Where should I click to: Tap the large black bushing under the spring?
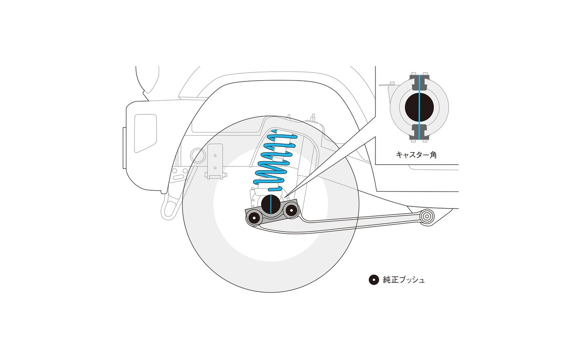271,204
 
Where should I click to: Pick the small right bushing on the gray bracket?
291,210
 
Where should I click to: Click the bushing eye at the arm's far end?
427,217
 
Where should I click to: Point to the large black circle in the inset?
419,107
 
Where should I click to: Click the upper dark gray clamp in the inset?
419,82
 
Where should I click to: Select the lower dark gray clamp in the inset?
419,132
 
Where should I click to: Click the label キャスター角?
416,155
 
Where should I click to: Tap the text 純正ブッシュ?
404,280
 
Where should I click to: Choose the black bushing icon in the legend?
374,280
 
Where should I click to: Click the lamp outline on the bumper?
145,133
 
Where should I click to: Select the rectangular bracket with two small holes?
215,161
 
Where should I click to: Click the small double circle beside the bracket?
198,155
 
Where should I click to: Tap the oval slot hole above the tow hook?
178,177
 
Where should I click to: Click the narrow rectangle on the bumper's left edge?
125,148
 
